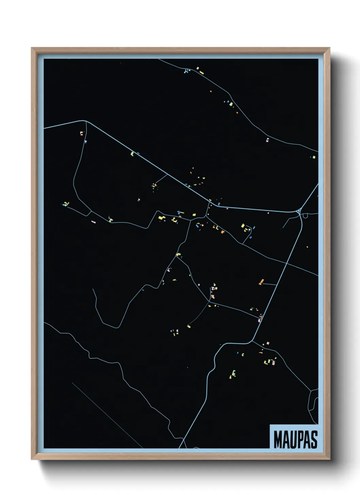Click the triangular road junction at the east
click(299, 211)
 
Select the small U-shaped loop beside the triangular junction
click(305, 216)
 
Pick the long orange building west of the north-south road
click(261, 282)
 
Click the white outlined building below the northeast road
click(267, 139)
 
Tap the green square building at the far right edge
click(314, 157)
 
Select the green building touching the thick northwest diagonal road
click(132, 154)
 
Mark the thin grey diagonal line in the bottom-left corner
click(107, 415)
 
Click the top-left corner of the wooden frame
click(32, 48)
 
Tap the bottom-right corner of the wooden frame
click(329, 459)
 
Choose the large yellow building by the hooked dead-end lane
click(243, 225)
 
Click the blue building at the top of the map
click(186, 71)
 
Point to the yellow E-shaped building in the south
click(234, 374)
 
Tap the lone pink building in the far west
click(94, 222)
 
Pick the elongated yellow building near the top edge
click(201, 73)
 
